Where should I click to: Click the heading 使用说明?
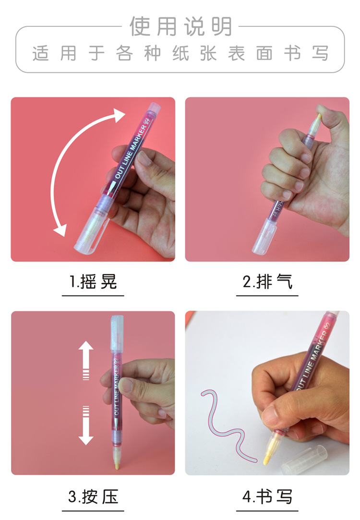(180, 26)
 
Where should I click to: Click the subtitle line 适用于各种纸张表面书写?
(180, 53)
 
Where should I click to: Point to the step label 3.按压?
(93, 496)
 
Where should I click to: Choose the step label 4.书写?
(267, 496)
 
